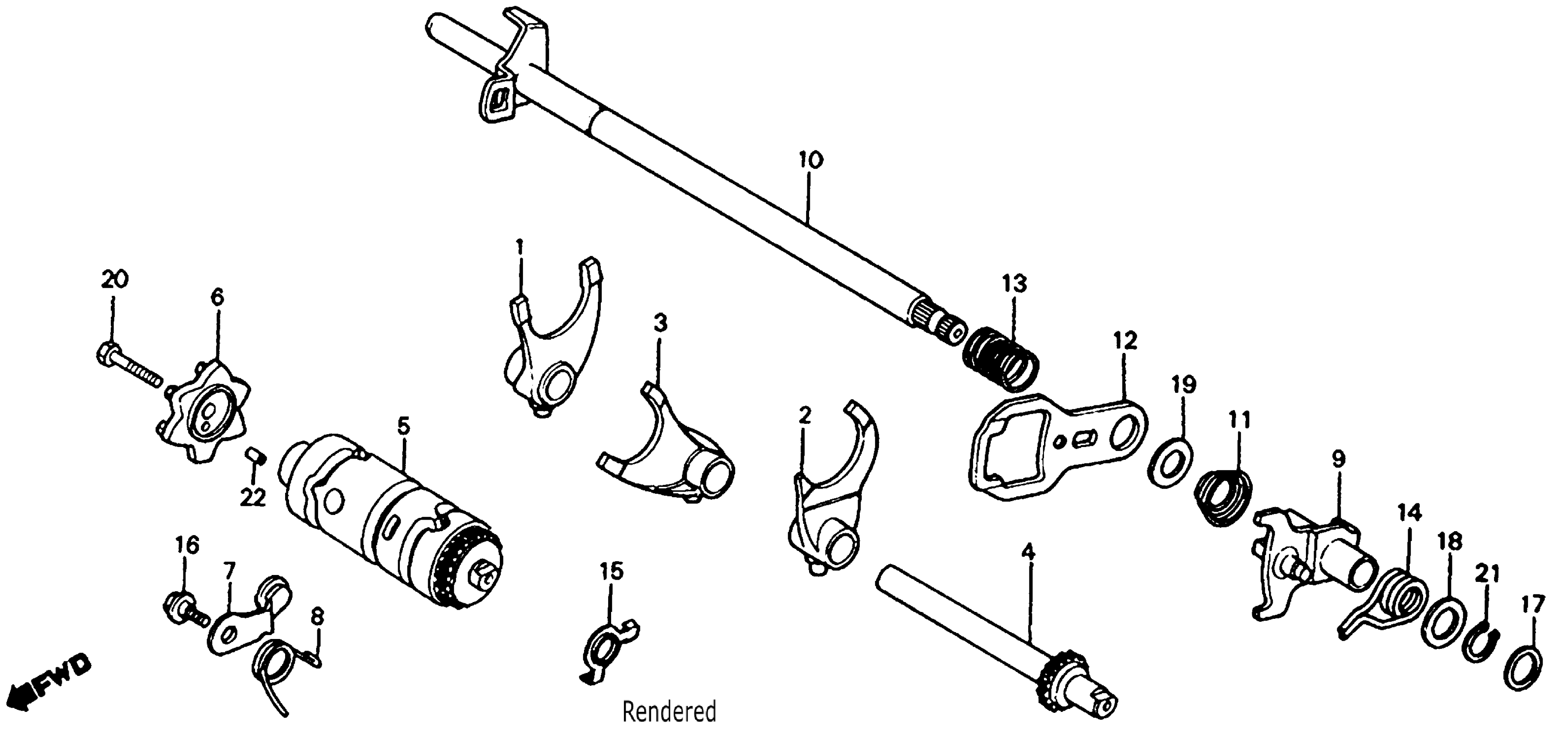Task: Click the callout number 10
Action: (x=810, y=161)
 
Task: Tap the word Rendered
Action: (x=669, y=712)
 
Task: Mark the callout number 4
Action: (x=1028, y=552)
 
